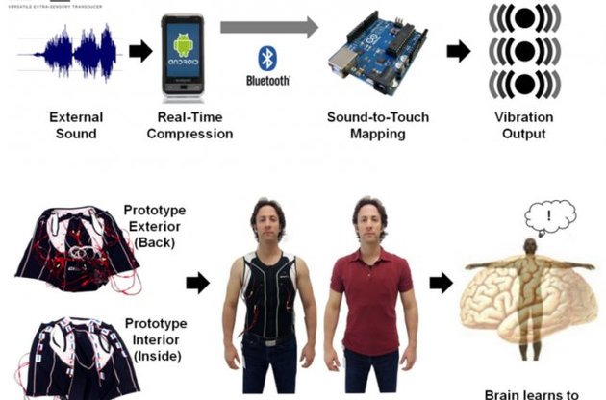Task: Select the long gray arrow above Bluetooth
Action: (x=268, y=26)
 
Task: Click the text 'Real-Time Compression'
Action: (x=194, y=126)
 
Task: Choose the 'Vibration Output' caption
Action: (x=524, y=126)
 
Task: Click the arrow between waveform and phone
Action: (x=140, y=52)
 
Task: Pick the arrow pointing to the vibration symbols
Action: (x=459, y=52)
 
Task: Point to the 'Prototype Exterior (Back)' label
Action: (x=155, y=226)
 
